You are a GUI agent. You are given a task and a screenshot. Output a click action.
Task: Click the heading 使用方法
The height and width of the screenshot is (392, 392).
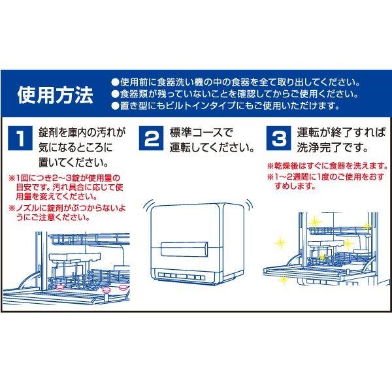point(56,95)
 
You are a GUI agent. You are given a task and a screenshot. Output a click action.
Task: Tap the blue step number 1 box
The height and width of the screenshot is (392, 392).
point(20,139)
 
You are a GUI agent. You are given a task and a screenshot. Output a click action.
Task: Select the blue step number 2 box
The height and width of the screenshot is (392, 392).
point(152,139)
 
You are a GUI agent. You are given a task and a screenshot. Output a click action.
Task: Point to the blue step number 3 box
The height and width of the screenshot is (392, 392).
point(278,139)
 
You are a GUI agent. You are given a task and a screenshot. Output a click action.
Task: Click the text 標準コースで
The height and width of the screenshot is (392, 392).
point(201,133)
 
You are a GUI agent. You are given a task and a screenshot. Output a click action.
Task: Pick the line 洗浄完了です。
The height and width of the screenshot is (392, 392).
point(333,148)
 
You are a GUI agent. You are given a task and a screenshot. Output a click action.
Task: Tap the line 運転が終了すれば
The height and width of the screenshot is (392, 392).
point(342,133)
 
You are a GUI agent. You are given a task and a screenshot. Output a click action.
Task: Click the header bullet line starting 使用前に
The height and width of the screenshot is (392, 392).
point(236,82)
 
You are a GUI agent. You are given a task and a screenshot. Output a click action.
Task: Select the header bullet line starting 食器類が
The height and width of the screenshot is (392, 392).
point(235,94)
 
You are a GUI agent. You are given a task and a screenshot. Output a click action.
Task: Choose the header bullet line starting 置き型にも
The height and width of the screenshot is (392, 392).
point(226,106)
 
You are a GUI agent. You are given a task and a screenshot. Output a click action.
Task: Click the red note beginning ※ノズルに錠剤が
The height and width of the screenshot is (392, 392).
point(67,212)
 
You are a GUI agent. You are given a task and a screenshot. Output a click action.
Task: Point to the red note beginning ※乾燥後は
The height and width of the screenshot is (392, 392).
point(327,165)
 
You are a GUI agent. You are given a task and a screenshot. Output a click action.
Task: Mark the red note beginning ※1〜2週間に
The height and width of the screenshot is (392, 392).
point(326,181)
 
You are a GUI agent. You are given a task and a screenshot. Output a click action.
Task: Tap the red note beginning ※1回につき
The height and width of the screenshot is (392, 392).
point(66,188)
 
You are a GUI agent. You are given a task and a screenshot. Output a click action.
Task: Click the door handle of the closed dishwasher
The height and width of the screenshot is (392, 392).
point(184,249)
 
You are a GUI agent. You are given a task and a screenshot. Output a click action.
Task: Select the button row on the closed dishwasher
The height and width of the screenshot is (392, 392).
point(182,276)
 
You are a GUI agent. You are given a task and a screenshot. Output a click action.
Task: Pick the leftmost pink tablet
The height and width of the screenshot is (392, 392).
point(61,287)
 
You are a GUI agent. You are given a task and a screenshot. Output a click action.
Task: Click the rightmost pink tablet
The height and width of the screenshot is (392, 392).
point(123,288)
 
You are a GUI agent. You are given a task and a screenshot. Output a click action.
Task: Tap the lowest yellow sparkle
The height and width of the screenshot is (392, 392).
point(284,280)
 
